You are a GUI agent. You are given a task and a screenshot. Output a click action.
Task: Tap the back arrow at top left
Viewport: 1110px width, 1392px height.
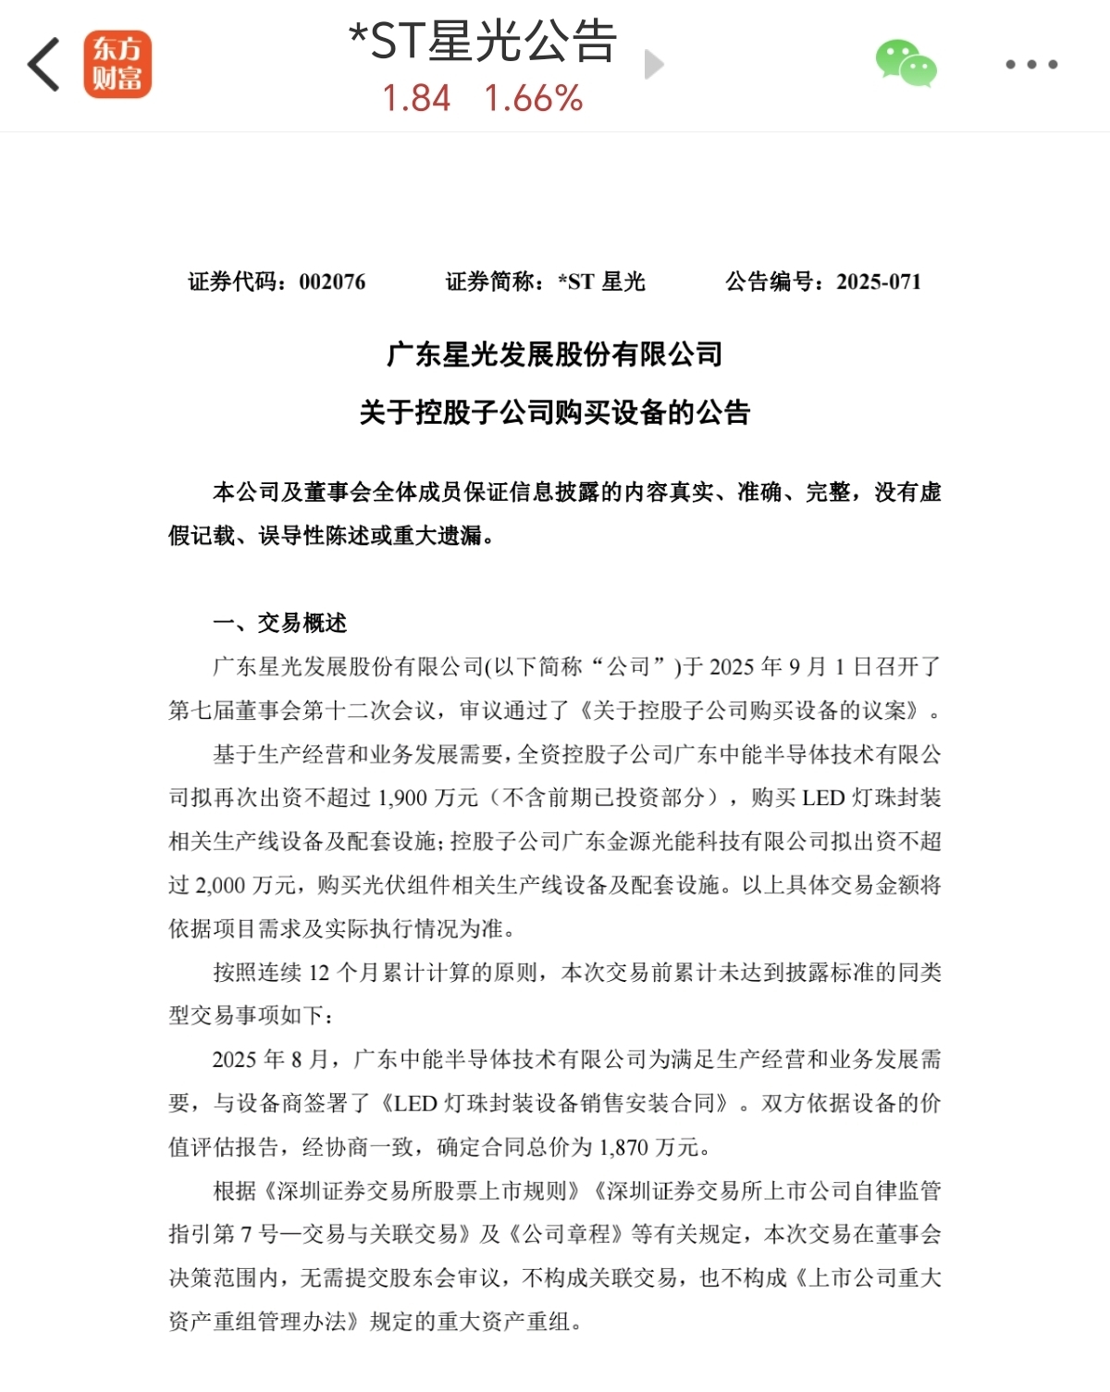43,65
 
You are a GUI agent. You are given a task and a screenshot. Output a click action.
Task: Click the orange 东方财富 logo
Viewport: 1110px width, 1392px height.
117,65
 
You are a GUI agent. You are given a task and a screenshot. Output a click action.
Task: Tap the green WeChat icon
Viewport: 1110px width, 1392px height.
906,64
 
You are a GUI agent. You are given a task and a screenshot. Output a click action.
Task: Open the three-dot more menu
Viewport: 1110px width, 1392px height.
1031,65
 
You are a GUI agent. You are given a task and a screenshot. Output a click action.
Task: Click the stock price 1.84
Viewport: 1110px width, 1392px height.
416,98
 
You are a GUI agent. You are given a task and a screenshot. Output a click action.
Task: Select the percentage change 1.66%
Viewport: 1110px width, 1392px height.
534,98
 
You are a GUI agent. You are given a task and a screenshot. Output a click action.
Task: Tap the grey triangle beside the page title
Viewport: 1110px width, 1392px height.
654,65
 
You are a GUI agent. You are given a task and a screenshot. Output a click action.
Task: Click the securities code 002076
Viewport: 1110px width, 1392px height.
332,282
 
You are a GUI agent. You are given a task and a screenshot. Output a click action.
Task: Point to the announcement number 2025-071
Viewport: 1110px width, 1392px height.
879,282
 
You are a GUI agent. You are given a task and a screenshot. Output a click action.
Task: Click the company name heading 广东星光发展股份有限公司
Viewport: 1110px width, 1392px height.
555,354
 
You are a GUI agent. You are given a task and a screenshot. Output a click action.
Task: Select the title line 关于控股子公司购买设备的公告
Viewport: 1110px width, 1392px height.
555,413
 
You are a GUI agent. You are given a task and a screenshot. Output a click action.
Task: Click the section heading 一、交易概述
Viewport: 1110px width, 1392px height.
280,623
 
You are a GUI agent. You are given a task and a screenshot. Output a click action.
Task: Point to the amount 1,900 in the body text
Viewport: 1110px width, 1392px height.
402,798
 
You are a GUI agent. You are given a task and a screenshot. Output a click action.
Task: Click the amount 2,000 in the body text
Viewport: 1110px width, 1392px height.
219,886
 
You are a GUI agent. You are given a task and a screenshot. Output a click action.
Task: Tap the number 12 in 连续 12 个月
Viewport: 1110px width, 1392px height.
318,973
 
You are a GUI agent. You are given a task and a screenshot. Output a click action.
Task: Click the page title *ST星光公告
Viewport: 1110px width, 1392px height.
483,42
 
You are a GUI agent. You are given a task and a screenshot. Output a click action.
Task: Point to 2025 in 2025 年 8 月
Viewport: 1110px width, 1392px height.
234,1060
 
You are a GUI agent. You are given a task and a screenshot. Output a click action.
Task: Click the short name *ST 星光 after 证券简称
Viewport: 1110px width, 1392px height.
601,282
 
